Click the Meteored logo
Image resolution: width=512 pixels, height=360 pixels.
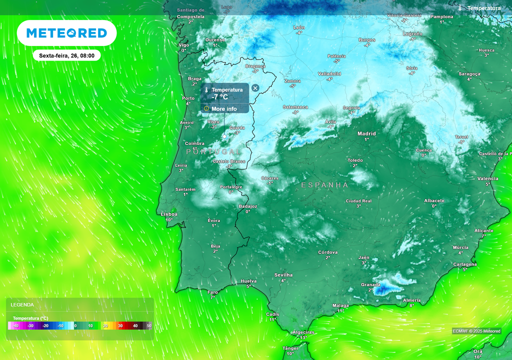tap(66, 33)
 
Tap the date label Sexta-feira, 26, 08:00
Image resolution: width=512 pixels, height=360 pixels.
tap(67, 55)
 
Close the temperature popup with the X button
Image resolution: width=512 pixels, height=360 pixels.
tap(255, 88)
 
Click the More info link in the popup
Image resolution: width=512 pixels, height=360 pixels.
tap(224, 108)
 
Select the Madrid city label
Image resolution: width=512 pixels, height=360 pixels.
tap(366, 133)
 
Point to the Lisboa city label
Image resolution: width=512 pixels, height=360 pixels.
tap(169, 214)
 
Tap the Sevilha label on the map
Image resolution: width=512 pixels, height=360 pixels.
tap(283, 275)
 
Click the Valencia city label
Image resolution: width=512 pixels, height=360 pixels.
tap(487, 178)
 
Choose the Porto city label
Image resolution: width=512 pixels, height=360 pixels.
tap(188, 98)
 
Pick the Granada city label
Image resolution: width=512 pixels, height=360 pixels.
tap(370, 285)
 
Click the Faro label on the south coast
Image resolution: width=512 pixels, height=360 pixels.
tap(213, 292)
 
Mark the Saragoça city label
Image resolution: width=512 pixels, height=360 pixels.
tap(469, 74)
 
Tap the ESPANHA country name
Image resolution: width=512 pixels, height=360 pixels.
tap(324, 185)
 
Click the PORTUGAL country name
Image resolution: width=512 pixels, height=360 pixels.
tap(213, 151)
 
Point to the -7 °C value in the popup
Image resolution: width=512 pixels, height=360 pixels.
tap(220, 97)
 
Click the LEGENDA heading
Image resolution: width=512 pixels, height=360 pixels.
tap(22, 304)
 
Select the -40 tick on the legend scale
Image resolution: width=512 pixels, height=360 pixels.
tap(15, 326)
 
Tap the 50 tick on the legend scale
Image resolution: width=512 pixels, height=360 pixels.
tap(149, 326)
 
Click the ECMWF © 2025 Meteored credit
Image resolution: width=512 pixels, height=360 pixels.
tap(476, 331)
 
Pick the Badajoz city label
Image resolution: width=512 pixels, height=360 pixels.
tap(248, 206)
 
